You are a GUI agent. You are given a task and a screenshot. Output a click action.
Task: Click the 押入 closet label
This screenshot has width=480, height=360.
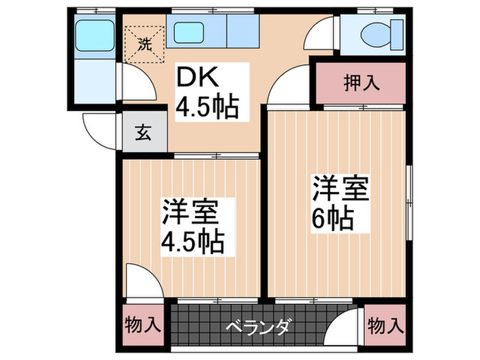pos(361,83)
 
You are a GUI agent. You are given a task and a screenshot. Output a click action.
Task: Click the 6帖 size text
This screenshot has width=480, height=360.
pos(334,217)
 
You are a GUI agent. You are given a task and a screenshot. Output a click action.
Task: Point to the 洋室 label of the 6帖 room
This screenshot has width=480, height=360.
pos(341,189)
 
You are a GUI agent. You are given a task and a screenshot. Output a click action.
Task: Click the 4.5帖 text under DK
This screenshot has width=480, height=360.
pos(207,107)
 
